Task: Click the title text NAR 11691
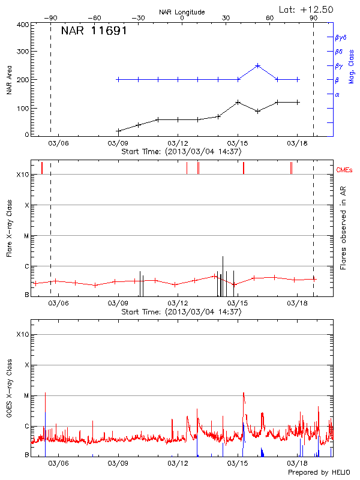[94, 31]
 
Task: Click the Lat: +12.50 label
[307, 9]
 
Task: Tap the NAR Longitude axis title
[182, 11]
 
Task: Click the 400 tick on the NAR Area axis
[23, 25]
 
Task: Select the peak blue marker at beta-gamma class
[258, 65]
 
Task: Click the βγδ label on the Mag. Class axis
[340, 37]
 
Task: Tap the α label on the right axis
[337, 94]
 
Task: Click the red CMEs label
[344, 170]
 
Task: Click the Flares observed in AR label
[343, 231]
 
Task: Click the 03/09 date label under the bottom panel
[118, 464]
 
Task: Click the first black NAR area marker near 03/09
[118, 131]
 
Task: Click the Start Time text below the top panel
[181, 152]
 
